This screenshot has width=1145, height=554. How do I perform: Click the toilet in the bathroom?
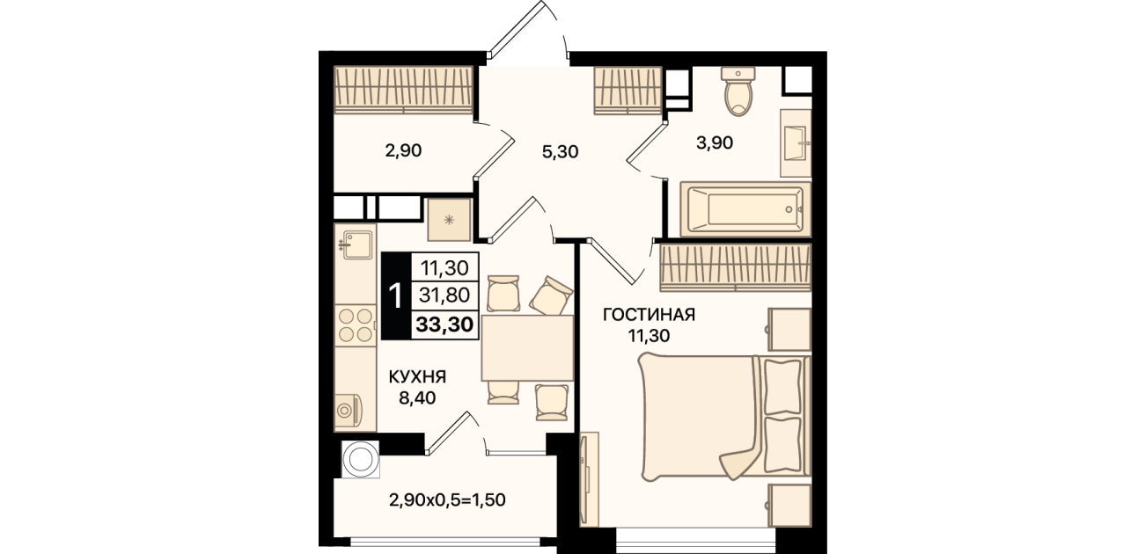pyautogui.click(x=738, y=91)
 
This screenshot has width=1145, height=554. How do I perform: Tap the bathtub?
pyautogui.click(x=745, y=209)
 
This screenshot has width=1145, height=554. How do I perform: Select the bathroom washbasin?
pyautogui.click(x=796, y=143)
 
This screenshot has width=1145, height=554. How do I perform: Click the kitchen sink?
pyautogui.click(x=356, y=245)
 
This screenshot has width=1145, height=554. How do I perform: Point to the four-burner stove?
pyautogui.click(x=356, y=325)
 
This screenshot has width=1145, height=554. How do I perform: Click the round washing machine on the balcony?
pyautogui.click(x=361, y=460)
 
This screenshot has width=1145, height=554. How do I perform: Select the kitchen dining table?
pyautogui.click(x=527, y=347)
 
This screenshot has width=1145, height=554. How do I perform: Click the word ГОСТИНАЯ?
pyautogui.click(x=650, y=315)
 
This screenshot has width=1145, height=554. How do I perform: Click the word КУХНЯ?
pyautogui.click(x=418, y=377)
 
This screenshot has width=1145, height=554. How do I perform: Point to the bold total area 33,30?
pyautogui.click(x=444, y=324)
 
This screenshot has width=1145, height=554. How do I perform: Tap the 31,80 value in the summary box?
pyautogui.click(x=444, y=295)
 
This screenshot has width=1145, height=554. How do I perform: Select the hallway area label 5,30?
pyautogui.click(x=560, y=151)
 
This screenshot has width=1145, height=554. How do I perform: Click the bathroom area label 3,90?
pyautogui.click(x=715, y=143)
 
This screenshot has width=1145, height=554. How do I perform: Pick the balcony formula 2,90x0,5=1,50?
pyautogui.click(x=447, y=499)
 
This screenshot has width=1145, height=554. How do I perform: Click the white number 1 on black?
pyautogui.click(x=395, y=296)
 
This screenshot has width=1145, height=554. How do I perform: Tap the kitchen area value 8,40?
pyautogui.click(x=417, y=397)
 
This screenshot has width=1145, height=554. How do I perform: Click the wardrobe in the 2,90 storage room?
pyautogui.click(x=403, y=90)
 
